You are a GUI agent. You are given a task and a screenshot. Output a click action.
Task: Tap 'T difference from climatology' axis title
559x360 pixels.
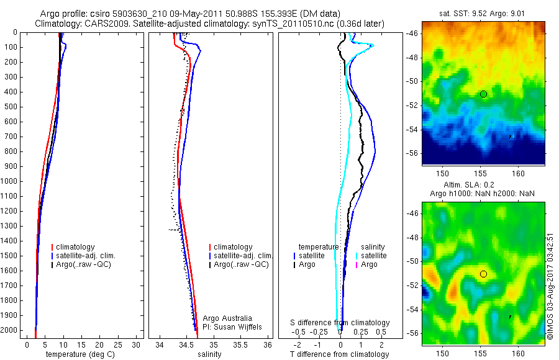339,354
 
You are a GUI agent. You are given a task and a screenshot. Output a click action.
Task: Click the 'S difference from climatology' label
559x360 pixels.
340,323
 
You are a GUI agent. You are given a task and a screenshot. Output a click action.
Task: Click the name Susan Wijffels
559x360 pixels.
234,327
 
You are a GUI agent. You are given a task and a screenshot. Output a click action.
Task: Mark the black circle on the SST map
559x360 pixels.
483,94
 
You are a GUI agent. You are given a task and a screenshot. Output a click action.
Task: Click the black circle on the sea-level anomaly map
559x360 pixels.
483,274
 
